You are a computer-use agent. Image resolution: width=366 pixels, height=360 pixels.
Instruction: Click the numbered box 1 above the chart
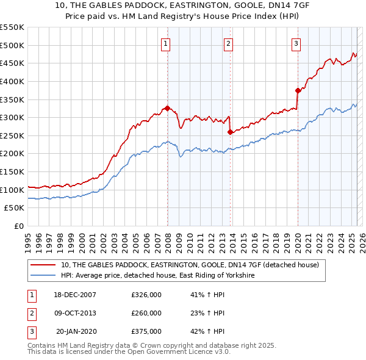point(166,43)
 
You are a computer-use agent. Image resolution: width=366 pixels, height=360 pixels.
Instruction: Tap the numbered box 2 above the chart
point(228,43)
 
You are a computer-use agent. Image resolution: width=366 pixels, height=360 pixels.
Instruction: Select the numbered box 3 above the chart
point(296,43)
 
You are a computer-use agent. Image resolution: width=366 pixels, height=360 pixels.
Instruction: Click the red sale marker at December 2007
point(167,108)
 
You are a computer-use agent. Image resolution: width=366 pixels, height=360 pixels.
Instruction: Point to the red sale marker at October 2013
point(229,132)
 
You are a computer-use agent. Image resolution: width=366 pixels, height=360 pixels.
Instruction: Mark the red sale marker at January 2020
point(298,90)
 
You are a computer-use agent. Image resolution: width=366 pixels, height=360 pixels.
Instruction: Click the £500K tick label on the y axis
point(12,45)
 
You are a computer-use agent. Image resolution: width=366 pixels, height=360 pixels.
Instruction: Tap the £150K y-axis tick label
point(12,171)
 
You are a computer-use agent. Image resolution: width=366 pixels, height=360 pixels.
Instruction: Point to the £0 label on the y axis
point(20,226)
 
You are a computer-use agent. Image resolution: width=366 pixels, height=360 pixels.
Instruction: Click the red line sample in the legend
point(43,264)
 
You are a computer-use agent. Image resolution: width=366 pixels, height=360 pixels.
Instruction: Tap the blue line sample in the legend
point(43,275)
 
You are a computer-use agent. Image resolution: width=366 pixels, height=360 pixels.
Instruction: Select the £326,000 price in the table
point(146,295)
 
